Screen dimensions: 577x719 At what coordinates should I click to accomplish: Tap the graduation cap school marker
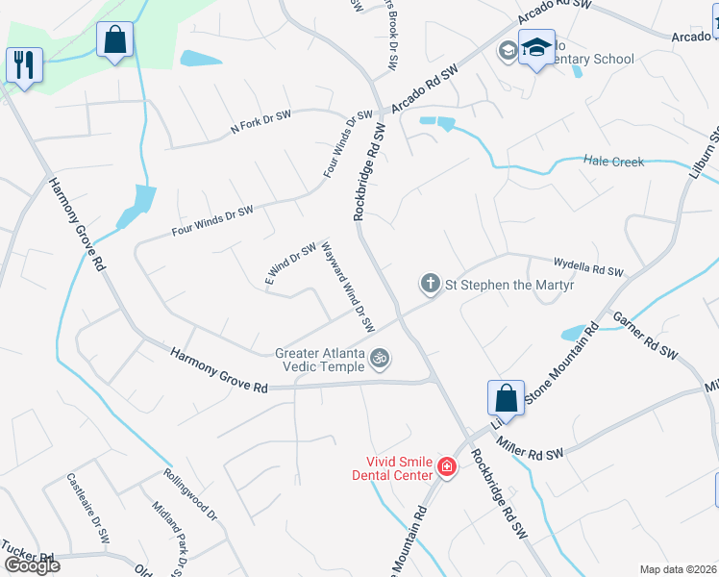[536, 48]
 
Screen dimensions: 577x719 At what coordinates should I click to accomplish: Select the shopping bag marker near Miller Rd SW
[506, 398]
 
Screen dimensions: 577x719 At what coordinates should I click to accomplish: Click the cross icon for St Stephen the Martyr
[430, 283]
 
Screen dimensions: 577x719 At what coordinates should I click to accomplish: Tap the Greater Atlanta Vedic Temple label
[320, 360]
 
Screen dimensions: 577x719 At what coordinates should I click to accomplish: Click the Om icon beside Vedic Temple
[381, 359]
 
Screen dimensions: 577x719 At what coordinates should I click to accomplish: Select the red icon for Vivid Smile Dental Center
[445, 467]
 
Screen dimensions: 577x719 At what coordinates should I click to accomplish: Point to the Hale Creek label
[613, 162]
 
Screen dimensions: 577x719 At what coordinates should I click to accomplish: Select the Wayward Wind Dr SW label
[347, 287]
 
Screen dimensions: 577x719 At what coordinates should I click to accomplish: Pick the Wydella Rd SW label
[588, 265]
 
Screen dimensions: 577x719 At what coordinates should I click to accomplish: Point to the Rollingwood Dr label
[190, 494]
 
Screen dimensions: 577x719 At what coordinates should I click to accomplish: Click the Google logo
[32, 564]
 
